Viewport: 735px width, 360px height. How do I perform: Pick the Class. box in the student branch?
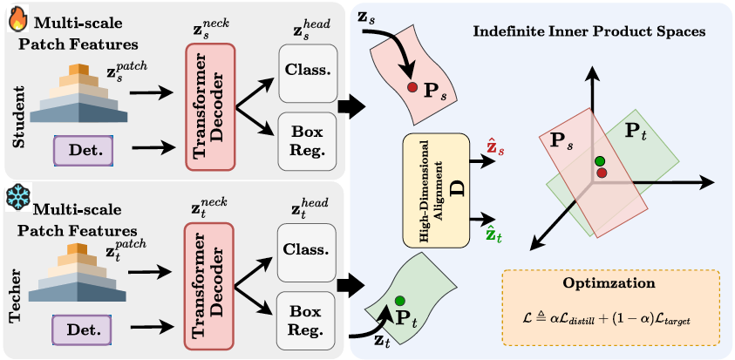pos(306,72)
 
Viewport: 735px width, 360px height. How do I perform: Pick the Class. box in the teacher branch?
pos(306,250)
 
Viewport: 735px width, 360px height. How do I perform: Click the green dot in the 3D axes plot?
pos(599,161)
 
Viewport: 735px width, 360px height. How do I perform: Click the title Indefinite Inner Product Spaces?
pos(589,31)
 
